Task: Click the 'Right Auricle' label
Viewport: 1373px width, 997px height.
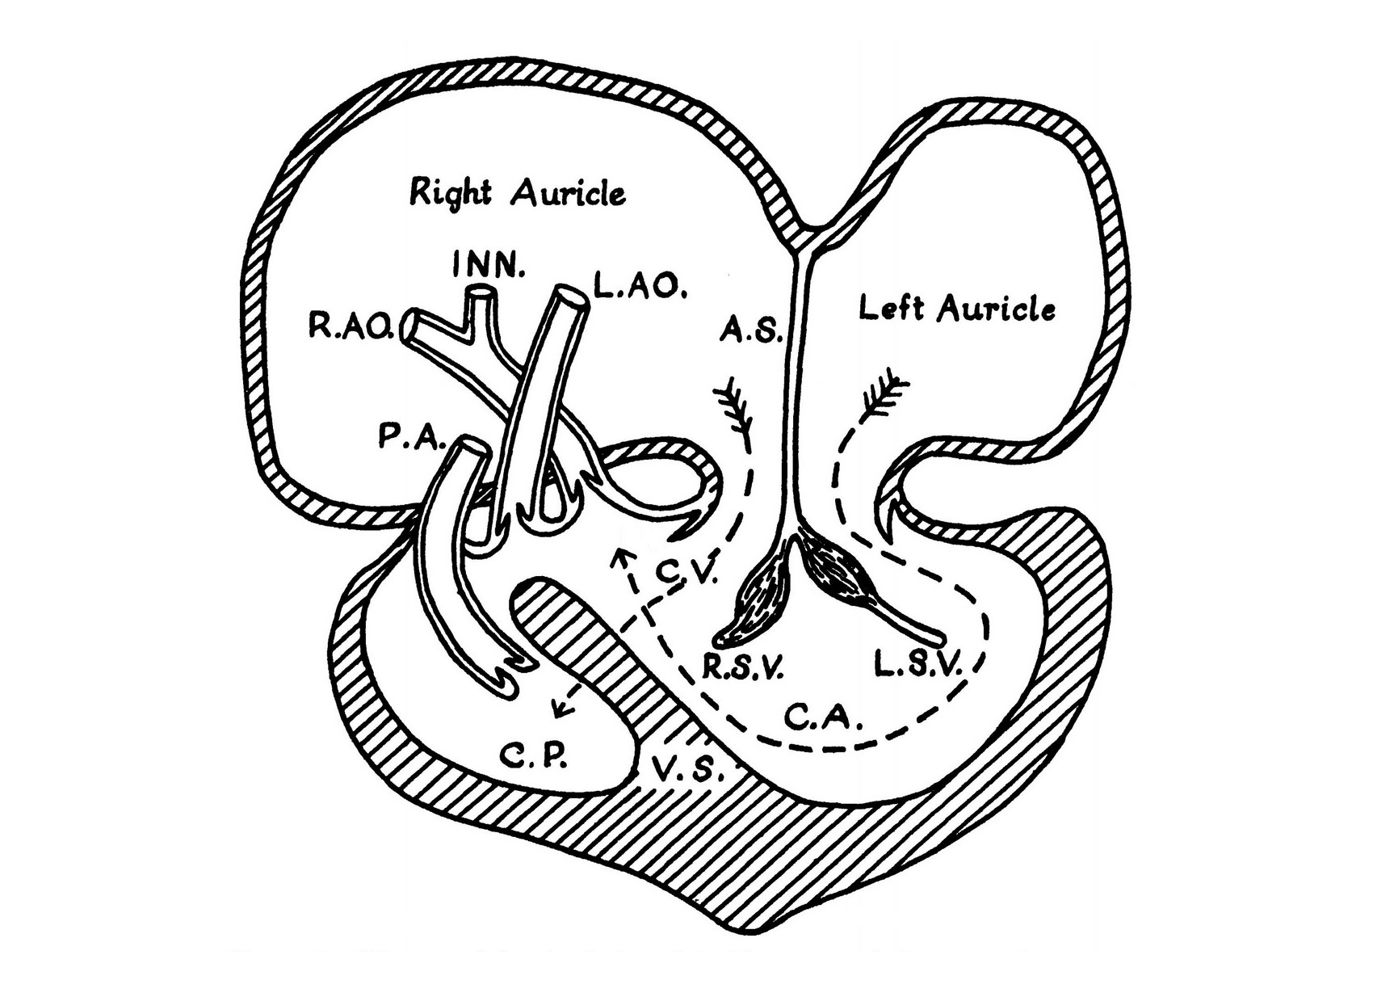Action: [518, 194]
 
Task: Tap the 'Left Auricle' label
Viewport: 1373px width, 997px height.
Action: [956, 309]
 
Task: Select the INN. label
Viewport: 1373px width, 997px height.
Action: [488, 266]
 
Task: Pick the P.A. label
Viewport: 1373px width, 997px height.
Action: [410, 439]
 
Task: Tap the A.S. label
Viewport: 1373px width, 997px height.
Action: [751, 330]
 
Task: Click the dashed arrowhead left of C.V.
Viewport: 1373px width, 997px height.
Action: [619, 557]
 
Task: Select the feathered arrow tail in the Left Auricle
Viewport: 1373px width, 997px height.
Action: [886, 395]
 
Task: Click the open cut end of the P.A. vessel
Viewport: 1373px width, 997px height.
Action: [471, 446]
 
